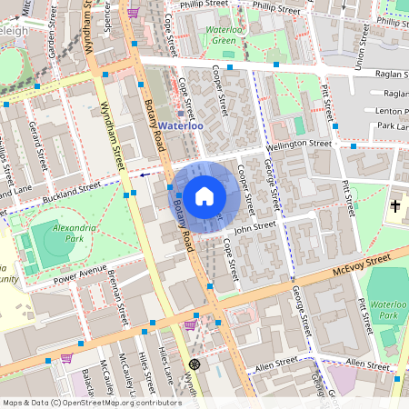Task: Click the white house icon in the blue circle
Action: tap(204, 195)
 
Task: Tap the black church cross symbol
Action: tap(395, 206)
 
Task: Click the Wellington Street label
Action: tap(299, 144)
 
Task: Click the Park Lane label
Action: tap(393, 125)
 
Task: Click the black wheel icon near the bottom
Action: tap(194, 364)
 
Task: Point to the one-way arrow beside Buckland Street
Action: tap(145, 174)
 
